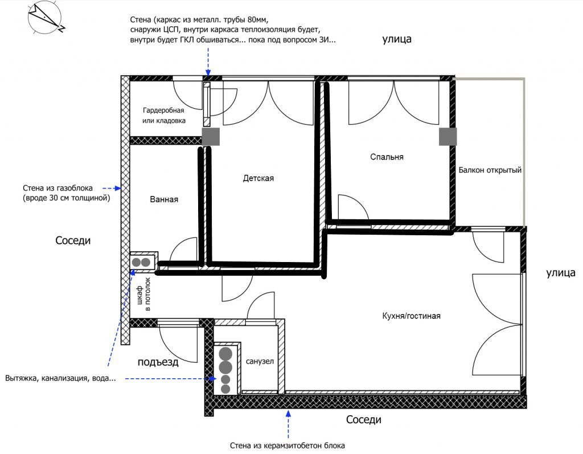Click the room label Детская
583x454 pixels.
point(258,178)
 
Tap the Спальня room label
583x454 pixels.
point(387,157)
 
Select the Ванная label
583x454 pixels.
point(164,199)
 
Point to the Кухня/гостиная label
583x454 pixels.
point(411,316)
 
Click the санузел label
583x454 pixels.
point(260,361)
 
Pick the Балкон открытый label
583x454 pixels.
point(490,170)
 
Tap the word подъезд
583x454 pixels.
point(158,362)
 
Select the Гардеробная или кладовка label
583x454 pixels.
point(163,116)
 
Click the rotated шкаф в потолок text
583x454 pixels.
point(143,294)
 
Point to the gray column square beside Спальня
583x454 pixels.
point(447,137)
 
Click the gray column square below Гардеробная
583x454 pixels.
point(211,137)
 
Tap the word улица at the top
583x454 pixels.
point(397,39)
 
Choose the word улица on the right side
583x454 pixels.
point(561,273)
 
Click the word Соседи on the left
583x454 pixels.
point(73,240)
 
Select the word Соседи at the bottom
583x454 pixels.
point(364,420)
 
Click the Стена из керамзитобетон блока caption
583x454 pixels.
point(288,445)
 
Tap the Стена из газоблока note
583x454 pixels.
point(66,193)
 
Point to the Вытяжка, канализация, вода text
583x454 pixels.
point(60,378)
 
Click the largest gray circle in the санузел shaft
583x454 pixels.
point(226,354)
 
